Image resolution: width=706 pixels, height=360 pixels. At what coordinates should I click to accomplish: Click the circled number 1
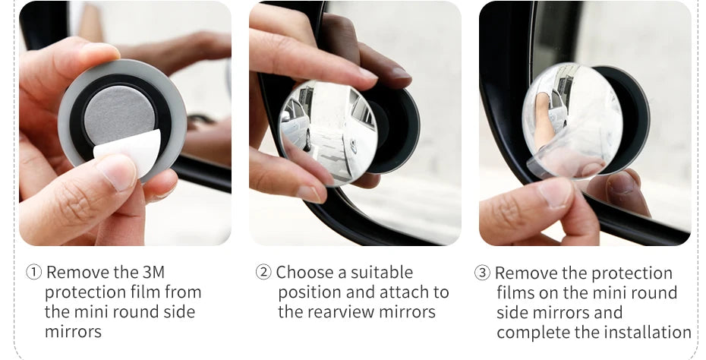33,272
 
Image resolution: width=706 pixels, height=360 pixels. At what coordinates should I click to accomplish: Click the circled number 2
263,272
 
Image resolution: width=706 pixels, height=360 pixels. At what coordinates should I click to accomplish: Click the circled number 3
482,273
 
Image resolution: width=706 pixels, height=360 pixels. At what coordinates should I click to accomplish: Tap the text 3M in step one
153,272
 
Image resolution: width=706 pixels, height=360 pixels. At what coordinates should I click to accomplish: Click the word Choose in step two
305,272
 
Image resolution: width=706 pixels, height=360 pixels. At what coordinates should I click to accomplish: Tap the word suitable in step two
381,272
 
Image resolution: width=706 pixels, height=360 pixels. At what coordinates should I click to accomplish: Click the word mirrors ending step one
73,332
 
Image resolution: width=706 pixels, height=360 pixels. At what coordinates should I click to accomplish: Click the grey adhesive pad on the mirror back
119,115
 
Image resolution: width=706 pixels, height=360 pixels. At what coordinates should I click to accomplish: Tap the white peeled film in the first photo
129,152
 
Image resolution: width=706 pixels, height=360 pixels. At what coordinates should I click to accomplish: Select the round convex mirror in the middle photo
328,134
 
